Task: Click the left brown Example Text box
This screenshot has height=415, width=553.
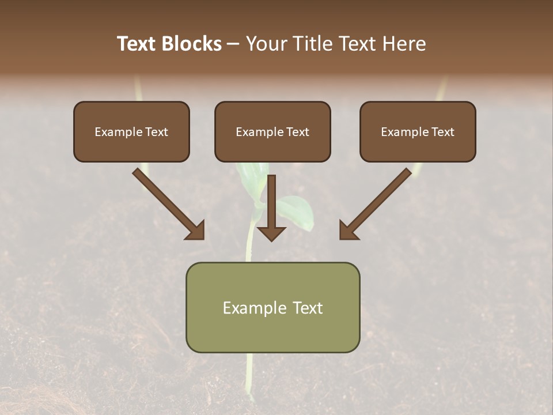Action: tap(131, 131)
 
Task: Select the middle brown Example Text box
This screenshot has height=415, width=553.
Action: tap(272, 131)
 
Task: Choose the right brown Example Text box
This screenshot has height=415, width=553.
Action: tap(418, 131)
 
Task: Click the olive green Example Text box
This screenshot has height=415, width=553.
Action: tap(272, 307)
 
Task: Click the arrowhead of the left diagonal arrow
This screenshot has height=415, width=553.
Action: tap(196, 231)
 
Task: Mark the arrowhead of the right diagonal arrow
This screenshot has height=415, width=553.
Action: tap(348, 231)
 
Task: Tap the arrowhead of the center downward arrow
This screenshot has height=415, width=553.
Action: tap(271, 233)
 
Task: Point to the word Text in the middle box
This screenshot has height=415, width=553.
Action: tap(298, 131)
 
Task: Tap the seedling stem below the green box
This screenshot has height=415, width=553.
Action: tap(249, 375)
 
